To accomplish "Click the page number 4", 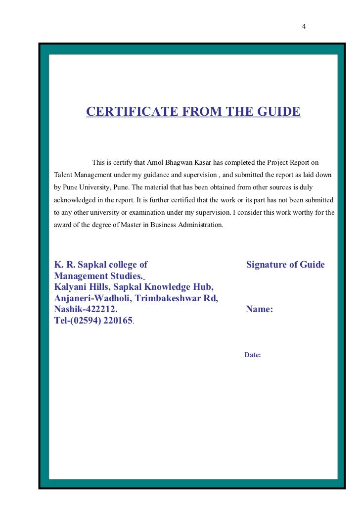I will click(304, 26).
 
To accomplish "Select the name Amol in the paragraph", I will click(156, 162).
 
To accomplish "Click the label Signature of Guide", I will click(285, 265).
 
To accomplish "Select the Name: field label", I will click(259, 310).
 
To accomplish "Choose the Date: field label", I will click(252, 355).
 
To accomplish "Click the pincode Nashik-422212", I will click(86, 310).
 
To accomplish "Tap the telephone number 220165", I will click(116, 321).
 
